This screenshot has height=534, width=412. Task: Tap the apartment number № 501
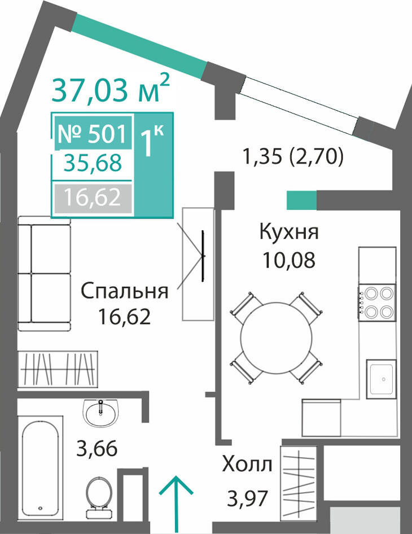point(93,133)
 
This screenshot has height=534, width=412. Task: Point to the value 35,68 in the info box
point(93,163)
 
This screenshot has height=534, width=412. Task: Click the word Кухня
point(289,232)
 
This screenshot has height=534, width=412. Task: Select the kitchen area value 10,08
point(289,260)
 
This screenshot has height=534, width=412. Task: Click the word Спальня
point(125,291)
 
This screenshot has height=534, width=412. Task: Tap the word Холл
point(247,464)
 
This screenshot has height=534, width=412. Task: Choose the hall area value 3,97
point(247,498)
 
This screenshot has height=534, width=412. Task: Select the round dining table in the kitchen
point(276,337)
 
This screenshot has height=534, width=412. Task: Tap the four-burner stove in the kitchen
point(377,303)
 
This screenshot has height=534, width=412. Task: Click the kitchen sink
point(382,379)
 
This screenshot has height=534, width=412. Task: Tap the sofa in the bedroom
point(44,273)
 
